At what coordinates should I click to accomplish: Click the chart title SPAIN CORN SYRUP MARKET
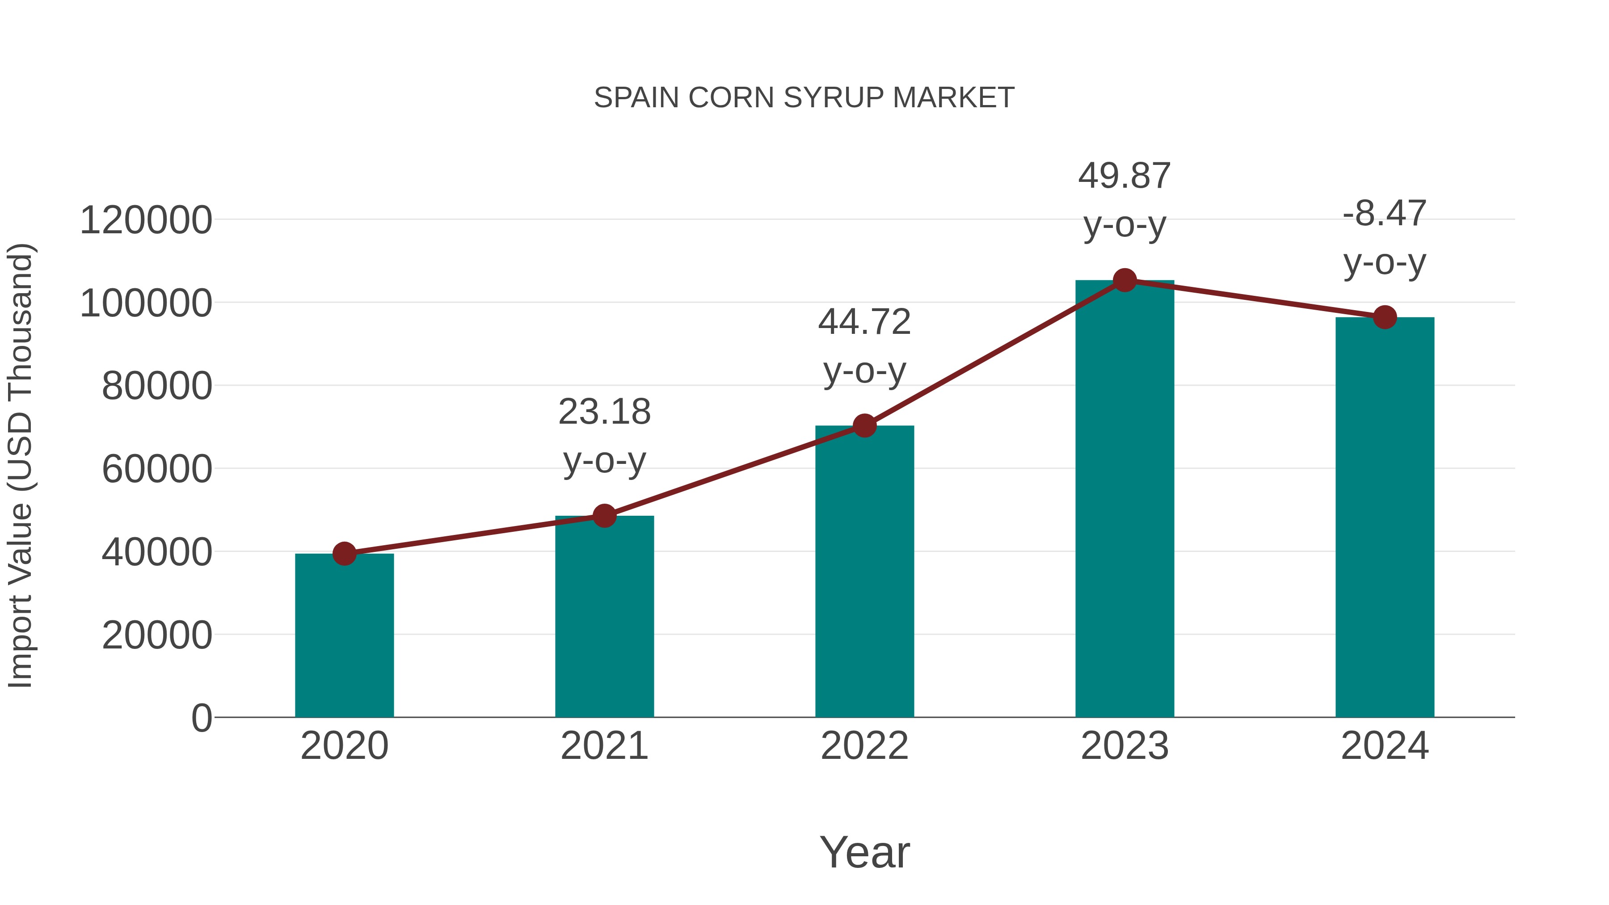pyautogui.click(x=804, y=98)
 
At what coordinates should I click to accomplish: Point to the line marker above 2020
pyautogui.click(x=344, y=553)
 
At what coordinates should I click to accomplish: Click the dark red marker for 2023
pyautogui.click(x=1125, y=280)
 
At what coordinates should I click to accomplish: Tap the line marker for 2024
pyautogui.click(x=1385, y=317)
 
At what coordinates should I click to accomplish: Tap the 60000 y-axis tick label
pyautogui.click(x=157, y=469)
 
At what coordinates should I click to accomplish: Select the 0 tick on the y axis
pyautogui.click(x=201, y=718)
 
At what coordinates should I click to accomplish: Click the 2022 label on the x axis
pyautogui.click(x=864, y=746)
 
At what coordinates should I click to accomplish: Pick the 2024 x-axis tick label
pyautogui.click(x=1385, y=746)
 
